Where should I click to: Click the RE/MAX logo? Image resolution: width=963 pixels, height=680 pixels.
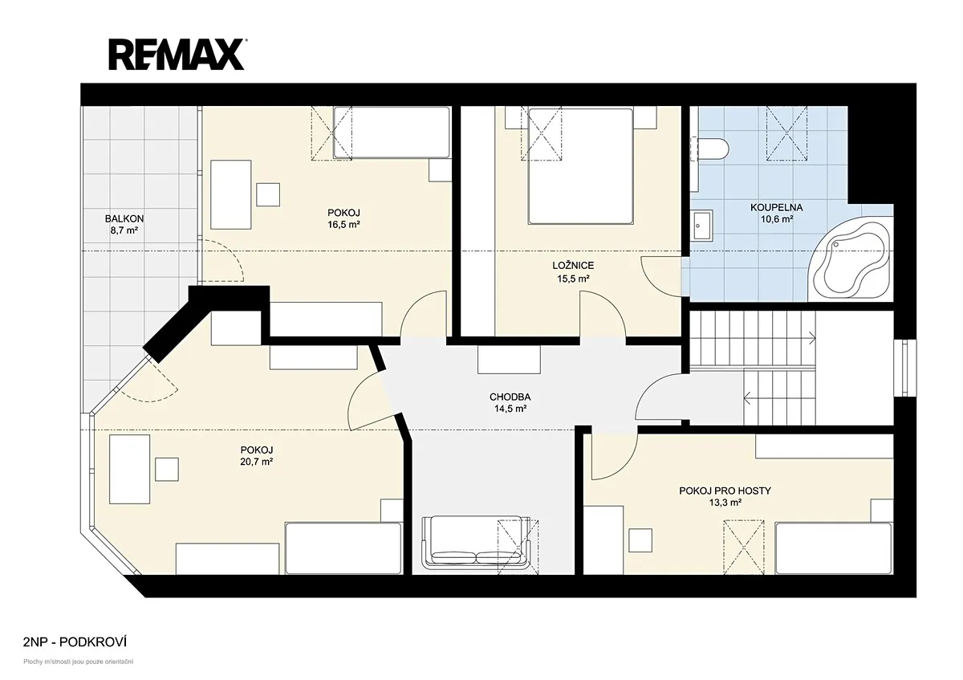tap(177, 55)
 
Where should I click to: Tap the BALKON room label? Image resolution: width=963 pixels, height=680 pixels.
tap(124, 219)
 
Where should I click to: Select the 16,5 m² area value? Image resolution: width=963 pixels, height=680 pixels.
tap(343, 225)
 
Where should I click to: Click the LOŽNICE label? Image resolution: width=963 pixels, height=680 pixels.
tap(573, 266)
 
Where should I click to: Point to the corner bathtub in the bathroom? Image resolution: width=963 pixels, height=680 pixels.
tap(849, 261)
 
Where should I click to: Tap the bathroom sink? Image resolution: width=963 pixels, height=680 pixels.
tap(701, 226)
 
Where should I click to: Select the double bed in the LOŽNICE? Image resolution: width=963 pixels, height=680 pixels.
tap(581, 166)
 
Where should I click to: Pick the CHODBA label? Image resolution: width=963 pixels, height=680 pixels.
tap(510, 397)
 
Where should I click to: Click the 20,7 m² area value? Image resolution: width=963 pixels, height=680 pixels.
tap(257, 462)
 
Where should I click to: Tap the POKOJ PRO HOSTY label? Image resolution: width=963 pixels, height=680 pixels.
tap(725, 491)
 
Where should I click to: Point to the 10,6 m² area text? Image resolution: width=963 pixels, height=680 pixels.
tap(777, 219)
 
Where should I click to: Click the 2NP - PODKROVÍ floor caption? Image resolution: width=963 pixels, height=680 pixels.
tap(75, 642)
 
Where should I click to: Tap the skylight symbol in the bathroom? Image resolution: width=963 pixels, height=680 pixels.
tap(786, 133)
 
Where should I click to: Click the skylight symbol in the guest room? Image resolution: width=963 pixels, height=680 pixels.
tap(744, 547)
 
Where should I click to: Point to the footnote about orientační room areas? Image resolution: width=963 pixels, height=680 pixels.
tap(79, 662)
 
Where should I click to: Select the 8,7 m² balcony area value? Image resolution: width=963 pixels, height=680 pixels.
tap(124, 230)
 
